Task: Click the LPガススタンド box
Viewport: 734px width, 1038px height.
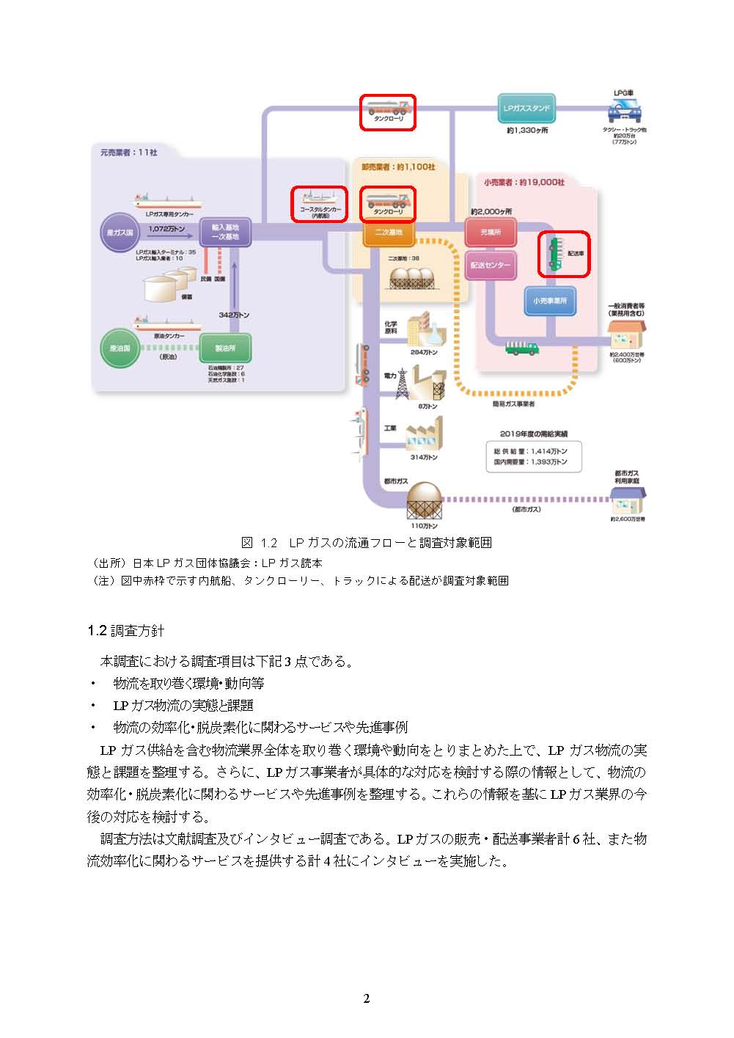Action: [526, 109]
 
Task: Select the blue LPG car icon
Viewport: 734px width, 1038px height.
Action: [625, 111]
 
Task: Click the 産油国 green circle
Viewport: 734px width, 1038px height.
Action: [120, 348]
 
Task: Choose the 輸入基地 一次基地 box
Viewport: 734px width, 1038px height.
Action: [225, 233]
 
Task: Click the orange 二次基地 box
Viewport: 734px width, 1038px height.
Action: [389, 233]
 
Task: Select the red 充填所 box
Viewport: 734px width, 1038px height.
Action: [491, 233]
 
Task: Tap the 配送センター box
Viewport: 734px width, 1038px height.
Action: [491, 265]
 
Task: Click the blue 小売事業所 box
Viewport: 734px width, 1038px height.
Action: [550, 301]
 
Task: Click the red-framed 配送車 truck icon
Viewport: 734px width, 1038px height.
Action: [564, 254]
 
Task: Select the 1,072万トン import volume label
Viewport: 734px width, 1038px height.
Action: [166, 229]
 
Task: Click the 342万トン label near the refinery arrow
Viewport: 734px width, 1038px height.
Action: [234, 315]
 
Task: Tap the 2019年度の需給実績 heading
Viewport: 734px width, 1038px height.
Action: [534, 434]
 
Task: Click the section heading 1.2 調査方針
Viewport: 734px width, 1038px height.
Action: [125, 631]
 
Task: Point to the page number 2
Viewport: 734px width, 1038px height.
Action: [367, 998]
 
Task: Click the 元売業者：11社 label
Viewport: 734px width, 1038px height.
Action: [128, 153]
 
